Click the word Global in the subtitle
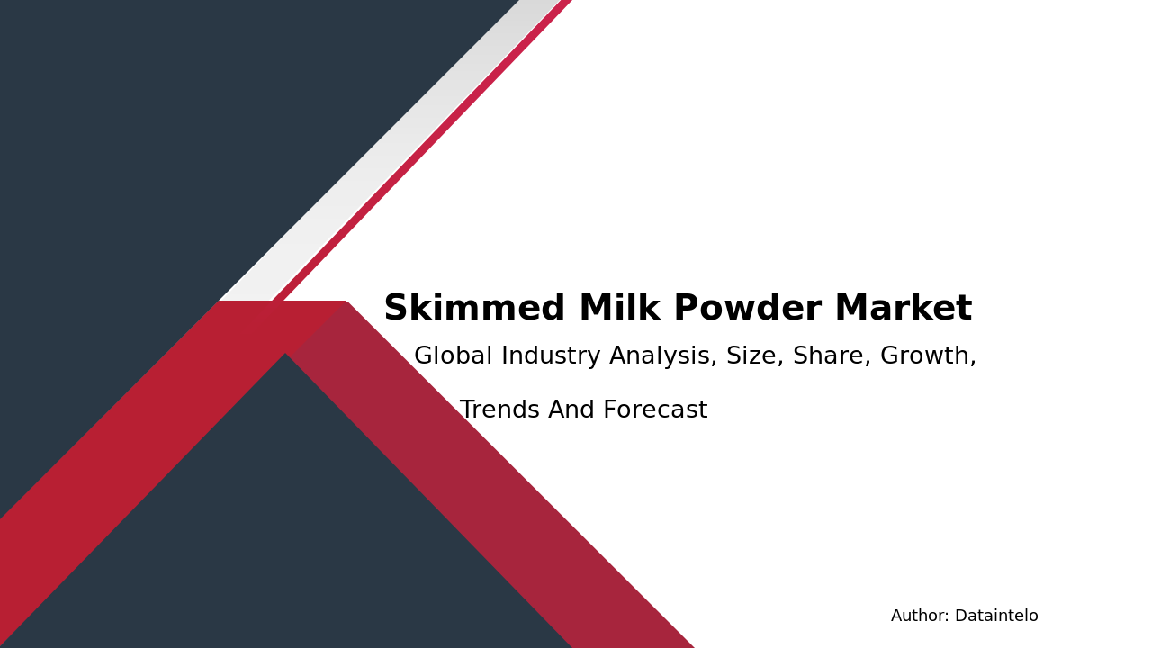(x=453, y=357)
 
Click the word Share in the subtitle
(x=832, y=357)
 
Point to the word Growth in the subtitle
(x=928, y=357)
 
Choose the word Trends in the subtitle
(x=499, y=411)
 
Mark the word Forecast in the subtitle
(x=655, y=411)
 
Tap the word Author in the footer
(x=919, y=616)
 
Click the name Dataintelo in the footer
(x=996, y=616)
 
